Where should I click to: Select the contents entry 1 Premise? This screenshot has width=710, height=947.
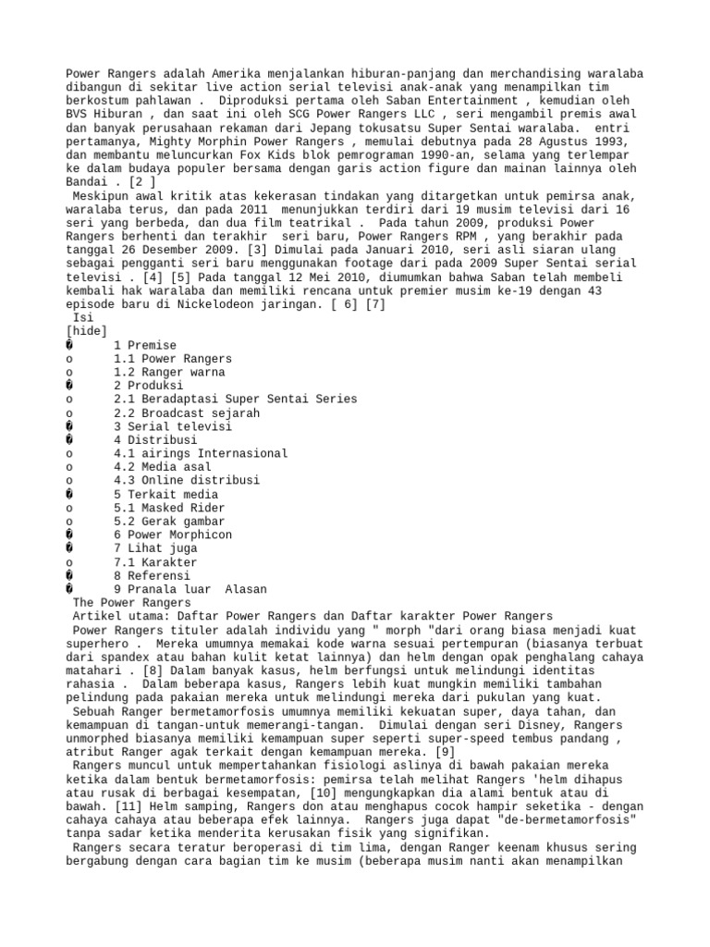tap(147, 345)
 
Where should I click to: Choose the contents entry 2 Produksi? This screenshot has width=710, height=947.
tap(149, 386)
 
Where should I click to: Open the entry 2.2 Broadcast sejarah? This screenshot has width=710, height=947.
tap(187, 412)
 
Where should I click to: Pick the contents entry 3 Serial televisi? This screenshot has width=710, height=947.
tap(174, 426)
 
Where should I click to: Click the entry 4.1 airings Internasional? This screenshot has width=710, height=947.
tap(201, 453)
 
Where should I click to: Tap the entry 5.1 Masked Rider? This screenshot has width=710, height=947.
tap(169, 508)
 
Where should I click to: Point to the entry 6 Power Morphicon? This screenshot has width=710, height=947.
tap(174, 535)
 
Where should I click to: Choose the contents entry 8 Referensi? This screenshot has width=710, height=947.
tap(153, 575)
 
